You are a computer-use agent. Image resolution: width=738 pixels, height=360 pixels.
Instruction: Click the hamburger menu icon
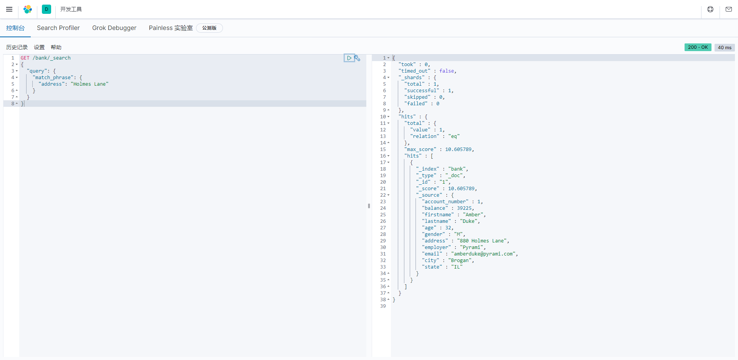pos(9,9)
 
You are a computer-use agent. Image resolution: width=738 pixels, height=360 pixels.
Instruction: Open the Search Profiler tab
pos(58,28)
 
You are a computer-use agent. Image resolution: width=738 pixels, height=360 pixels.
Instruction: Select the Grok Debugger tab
pos(114,28)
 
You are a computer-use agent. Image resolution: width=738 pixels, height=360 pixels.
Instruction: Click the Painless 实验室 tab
pos(171,28)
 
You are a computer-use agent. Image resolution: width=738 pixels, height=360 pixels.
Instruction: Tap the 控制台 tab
pos(15,28)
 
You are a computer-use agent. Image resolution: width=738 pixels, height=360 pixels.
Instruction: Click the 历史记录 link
pos(17,47)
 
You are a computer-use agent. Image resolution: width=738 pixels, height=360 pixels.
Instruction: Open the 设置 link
pos(39,47)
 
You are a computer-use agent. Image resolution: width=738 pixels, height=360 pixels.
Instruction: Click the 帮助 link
pos(56,47)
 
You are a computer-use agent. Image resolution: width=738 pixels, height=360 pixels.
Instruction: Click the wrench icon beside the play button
pos(357,58)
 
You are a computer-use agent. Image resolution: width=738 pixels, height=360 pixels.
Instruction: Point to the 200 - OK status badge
pos(698,47)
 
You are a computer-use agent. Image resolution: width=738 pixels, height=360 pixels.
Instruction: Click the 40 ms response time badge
pos(725,48)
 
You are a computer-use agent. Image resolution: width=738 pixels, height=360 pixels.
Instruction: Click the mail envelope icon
pos(728,9)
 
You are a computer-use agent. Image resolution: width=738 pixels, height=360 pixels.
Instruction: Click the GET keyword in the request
pos(25,58)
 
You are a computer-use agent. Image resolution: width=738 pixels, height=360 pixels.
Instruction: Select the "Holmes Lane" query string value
pos(90,84)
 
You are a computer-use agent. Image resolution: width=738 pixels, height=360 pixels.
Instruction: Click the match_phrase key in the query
pos(53,78)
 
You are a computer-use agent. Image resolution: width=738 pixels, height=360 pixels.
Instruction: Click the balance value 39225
pos(464,208)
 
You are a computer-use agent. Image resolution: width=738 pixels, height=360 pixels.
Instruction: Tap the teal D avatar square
pos(47,9)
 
